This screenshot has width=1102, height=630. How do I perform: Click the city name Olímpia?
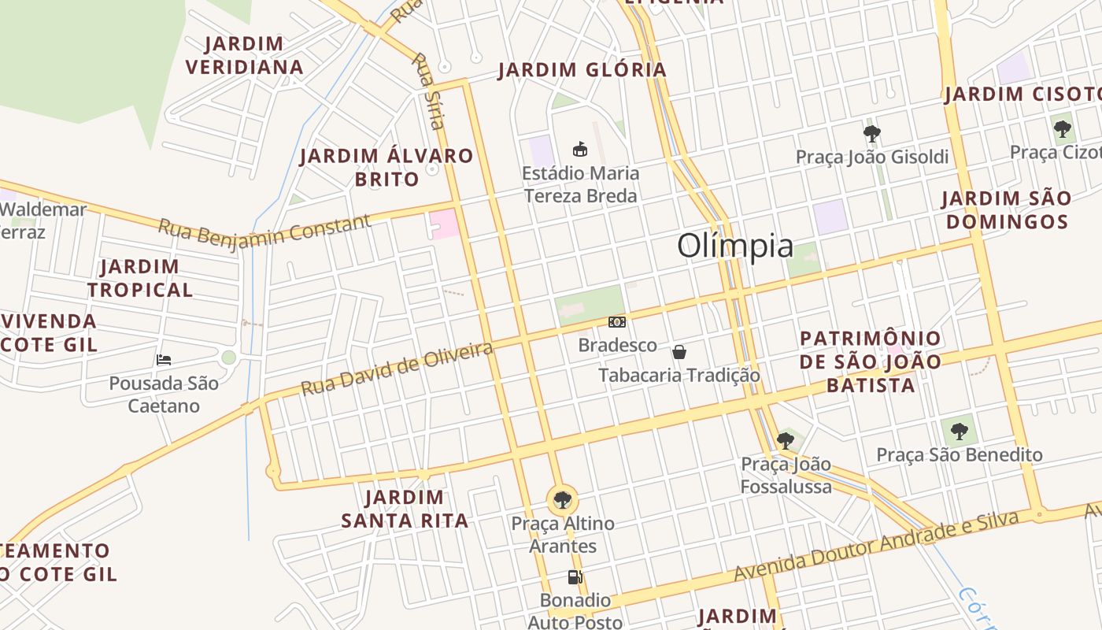coord(735,246)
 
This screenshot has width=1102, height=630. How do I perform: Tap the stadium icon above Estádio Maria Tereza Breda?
coord(580,149)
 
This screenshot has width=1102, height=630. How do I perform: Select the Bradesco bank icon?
coord(617,321)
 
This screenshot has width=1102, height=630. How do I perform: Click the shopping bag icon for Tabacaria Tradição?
coord(679,352)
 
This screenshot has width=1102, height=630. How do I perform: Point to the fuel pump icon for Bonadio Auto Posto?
coord(575,577)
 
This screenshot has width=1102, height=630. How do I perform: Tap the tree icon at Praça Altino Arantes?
coord(562,499)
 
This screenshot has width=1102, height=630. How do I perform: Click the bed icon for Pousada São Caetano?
coord(164,360)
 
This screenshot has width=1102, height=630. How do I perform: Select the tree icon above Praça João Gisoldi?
coord(871,133)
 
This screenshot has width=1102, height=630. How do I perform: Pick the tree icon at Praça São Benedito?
coord(959,432)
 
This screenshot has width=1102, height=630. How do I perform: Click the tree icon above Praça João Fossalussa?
coord(785,440)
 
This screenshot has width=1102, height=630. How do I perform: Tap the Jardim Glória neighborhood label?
coord(582,70)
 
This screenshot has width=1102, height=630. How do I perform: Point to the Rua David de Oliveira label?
coord(397,369)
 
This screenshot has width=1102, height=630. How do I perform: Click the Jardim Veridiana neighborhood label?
coord(245,55)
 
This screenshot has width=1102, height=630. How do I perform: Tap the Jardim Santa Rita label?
coord(405,509)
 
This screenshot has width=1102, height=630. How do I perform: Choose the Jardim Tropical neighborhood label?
coord(140,278)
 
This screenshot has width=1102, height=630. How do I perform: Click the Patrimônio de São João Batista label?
coord(871,361)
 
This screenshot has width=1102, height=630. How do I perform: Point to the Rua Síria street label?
coord(430,91)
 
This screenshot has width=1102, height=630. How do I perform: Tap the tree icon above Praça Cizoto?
coord(1063,128)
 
